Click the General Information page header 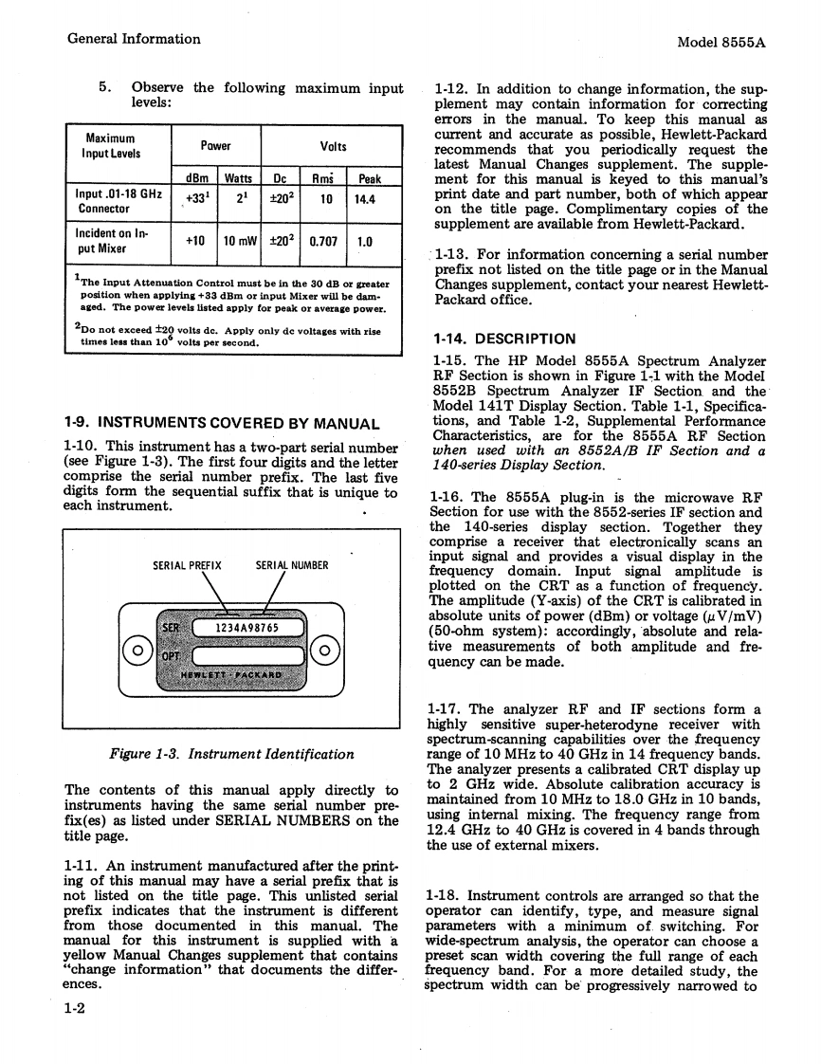click(134, 39)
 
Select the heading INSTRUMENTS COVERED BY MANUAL click(221, 423)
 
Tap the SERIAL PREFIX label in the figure click(187, 566)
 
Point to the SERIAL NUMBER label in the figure click(292, 566)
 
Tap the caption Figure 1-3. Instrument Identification click(231, 754)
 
